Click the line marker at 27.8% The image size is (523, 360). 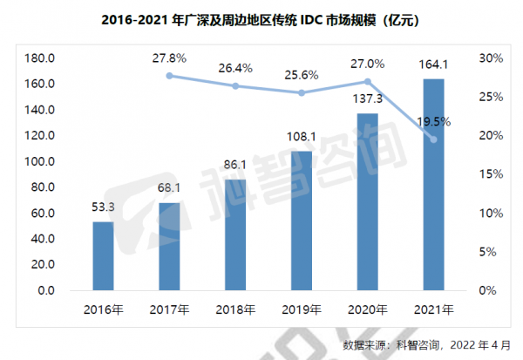169,76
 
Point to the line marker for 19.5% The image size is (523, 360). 433,139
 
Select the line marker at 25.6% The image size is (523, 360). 301,92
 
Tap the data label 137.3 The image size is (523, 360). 367,101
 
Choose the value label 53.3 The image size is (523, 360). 103,208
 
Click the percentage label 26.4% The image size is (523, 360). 235,67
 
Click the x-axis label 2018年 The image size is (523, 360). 235,309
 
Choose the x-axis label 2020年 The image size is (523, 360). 367,309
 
